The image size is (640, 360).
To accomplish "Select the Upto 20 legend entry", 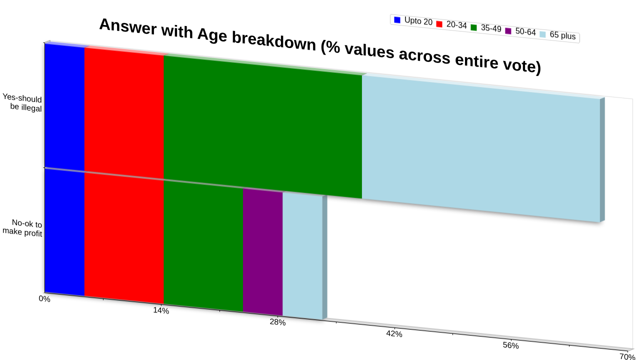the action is click(413, 21).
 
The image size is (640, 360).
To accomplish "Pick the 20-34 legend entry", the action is click(451, 24).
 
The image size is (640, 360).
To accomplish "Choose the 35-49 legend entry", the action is click(486, 28).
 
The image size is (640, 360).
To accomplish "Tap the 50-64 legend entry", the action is click(520, 31).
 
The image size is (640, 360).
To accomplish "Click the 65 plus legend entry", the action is click(557, 35).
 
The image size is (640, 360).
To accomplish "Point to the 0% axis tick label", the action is click(44, 299).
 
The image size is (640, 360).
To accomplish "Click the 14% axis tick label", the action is click(161, 310).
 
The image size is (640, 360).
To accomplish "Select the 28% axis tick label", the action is click(277, 322).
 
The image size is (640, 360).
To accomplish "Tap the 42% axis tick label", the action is click(394, 333).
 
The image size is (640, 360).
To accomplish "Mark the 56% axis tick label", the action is click(511, 345).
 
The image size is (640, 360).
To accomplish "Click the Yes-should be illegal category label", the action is click(22, 102).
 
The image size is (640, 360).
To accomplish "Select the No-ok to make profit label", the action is click(22, 228).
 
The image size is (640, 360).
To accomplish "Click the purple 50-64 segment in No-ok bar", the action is click(263, 252).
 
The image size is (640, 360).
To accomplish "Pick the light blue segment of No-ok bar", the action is click(302, 256).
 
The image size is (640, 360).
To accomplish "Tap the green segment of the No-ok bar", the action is click(203, 246).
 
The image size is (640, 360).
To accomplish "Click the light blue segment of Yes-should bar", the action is click(481, 148).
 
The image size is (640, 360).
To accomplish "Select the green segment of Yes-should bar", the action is click(263, 126).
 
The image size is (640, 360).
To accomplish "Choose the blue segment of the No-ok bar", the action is click(64, 232).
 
